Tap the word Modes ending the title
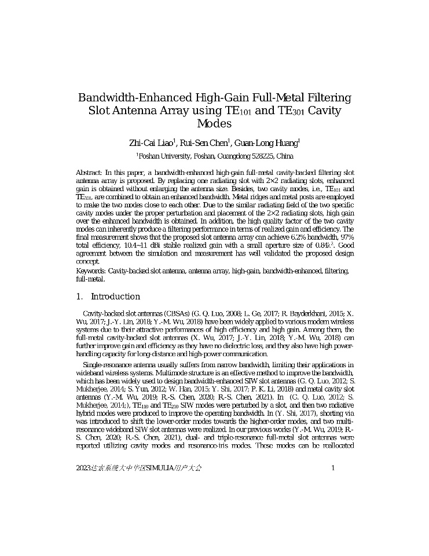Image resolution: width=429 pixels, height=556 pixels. [214, 123]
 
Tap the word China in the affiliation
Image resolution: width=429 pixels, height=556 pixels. [284, 156]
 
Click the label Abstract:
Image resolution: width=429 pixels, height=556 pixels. [89, 173]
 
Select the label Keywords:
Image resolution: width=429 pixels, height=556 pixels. [91, 271]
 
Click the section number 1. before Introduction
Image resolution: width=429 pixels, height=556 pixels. [80, 297]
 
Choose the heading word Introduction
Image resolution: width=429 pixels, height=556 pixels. [115, 297]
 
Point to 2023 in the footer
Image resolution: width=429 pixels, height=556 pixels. [83, 467]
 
